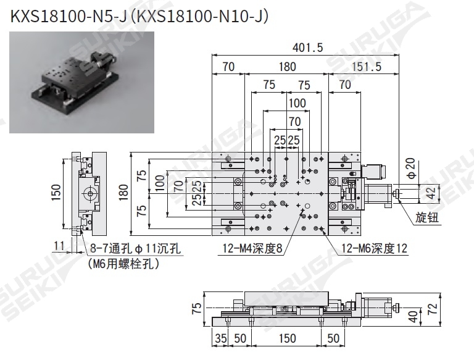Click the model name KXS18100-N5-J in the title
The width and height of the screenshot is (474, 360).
pos(64,15)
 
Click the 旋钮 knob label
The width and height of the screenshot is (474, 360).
pos(426,217)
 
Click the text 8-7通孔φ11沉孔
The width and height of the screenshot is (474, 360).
pos(136,249)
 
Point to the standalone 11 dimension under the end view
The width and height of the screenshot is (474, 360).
pos(59,246)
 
